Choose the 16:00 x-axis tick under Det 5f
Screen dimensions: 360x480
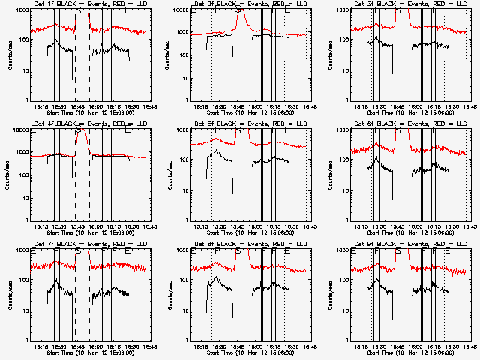point(256,227)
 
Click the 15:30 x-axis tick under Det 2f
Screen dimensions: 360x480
point(219,107)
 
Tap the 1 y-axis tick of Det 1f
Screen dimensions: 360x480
point(27,100)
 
